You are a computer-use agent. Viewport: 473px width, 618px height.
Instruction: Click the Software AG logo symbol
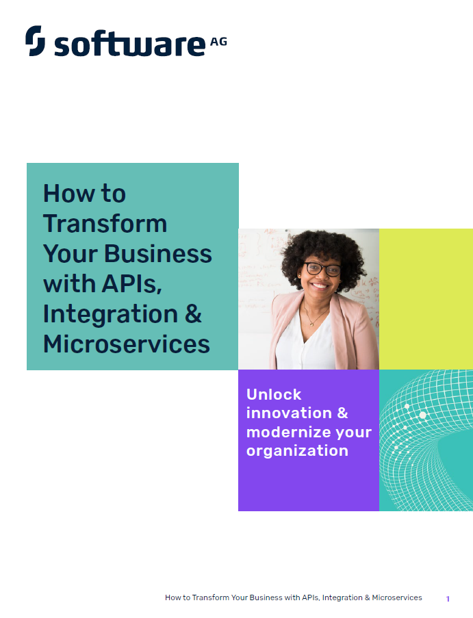tap(35, 40)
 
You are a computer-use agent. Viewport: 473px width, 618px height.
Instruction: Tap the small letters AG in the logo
tap(218, 42)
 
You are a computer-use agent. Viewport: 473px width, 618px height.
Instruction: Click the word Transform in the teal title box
tap(105, 224)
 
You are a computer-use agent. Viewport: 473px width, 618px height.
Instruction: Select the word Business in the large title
tap(157, 253)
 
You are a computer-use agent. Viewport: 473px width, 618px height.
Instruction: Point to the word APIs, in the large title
tap(131, 284)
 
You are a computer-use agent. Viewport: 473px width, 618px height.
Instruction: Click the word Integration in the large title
tap(110, 314)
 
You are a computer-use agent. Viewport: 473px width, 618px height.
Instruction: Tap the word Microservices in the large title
tap(127, 344)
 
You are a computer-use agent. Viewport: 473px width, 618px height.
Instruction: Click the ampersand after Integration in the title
tap(193, 313)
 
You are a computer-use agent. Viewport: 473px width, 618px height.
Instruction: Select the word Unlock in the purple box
tap(274, 394)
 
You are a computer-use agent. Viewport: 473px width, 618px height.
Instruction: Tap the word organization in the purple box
tap(297, 451)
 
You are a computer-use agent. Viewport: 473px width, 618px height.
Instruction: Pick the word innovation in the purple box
tap(290, 413)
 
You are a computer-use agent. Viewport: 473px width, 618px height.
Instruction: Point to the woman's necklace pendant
tap(311, 324)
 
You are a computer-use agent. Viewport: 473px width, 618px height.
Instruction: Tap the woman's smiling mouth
tap(320, 285)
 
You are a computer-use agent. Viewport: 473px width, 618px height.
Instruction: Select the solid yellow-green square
tap(426, 299)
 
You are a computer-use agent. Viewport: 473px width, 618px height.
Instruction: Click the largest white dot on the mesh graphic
tap(422, 415)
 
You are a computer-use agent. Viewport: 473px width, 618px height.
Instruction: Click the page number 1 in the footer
tap(448, 599)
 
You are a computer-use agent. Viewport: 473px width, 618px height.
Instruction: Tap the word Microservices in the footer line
tap(397, 597)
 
